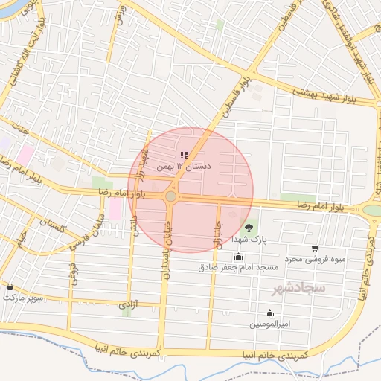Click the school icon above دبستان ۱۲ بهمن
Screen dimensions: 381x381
pyautogui.click(x=184, y=155)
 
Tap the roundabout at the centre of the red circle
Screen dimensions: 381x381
pyautogui.click(x=170, y=196)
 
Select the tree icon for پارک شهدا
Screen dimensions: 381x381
pyautogui.click(x=248, y=228)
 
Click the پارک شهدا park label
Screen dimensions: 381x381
pyautogui.click(x=248, y=240)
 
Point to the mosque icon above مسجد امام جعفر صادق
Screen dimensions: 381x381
pyautogui.click(x=238, y=257)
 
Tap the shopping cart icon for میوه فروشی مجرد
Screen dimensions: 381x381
pyautogui.click(x=315, y=249)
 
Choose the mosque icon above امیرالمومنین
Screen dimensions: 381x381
pyautogui.click(x=269, y=313)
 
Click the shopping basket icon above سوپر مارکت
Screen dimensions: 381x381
pyautogui.click(x=10, y=286)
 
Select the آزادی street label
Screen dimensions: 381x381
pyautogui.click(x=129, y=305)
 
